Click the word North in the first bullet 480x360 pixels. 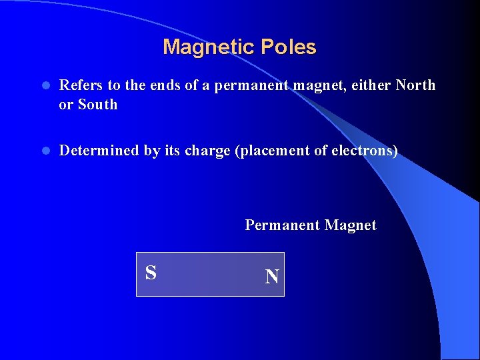point(415,85)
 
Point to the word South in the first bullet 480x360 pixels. point(97,105)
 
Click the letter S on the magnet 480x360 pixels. point(151,273)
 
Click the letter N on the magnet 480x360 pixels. point(271,277)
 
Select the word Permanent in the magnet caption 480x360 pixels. point(283,225)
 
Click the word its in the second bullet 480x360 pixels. point(173,151)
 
